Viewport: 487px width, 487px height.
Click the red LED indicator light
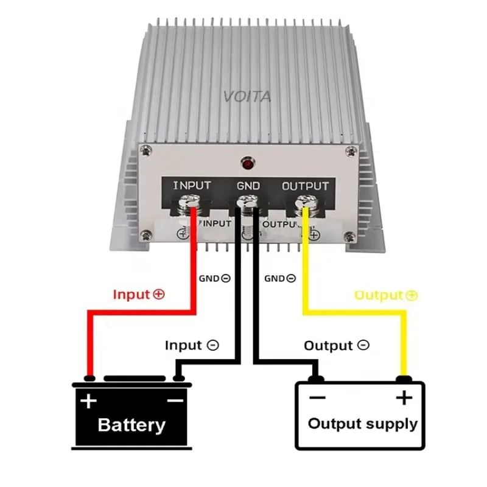tap(247, 163)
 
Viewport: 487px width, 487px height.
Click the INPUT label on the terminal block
tap(192, 186)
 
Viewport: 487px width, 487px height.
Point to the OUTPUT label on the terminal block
tap(305, 186)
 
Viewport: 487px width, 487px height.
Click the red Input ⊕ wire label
tap(139, 295)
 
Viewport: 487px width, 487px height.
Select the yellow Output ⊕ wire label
tap(386, 295)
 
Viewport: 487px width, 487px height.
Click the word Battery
tap(131, 424)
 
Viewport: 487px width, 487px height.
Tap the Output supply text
tap(363, 424)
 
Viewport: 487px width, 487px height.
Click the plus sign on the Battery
tap(89, 401)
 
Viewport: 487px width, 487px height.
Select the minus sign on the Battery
tap(175, 401)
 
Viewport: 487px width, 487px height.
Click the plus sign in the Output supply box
tap(404, 398)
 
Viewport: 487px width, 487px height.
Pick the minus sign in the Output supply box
tap(317, 398)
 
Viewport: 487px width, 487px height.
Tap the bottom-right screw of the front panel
tap(348, 236)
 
